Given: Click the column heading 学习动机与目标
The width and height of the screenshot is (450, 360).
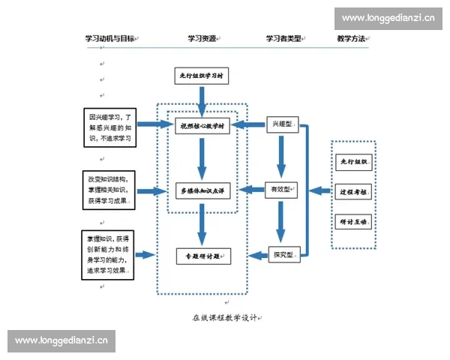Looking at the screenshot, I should click(109, 38).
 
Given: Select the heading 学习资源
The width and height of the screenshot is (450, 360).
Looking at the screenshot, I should click(202, 38).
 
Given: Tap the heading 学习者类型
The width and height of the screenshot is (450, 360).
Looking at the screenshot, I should click(284, 38).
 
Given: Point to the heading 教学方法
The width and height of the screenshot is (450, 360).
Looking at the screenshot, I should click(350, 38).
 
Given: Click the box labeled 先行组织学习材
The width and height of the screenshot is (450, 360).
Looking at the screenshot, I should click(202, 76).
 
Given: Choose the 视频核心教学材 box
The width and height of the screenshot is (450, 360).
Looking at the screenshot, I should click(202, 126).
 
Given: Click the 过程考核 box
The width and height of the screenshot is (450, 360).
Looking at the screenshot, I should click(352, 192).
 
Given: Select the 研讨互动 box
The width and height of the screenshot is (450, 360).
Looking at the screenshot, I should click(352, 222).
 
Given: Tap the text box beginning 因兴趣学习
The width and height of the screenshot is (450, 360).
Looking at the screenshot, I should click(109, 128).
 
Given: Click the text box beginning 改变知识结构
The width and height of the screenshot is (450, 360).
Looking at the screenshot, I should click(109, 190).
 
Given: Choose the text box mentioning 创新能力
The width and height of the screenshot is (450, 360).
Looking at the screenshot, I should click(109, 256).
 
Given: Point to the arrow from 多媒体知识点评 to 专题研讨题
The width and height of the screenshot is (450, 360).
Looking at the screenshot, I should click(201, 223).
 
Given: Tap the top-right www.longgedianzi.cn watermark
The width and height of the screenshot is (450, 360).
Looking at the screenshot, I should click(388, 17).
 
